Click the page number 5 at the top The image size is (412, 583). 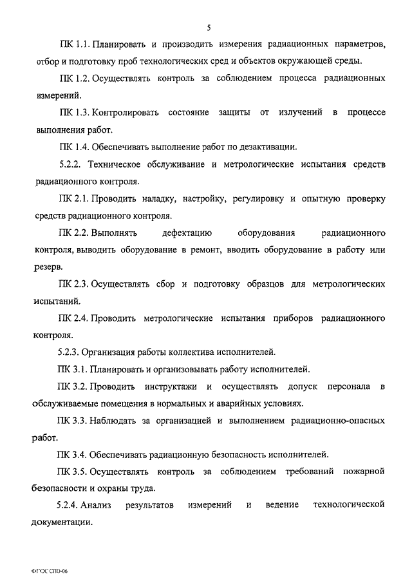209,27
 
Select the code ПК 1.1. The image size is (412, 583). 73,45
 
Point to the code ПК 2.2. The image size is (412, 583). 73,231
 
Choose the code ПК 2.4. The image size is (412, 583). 73,318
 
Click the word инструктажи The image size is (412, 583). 170,387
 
